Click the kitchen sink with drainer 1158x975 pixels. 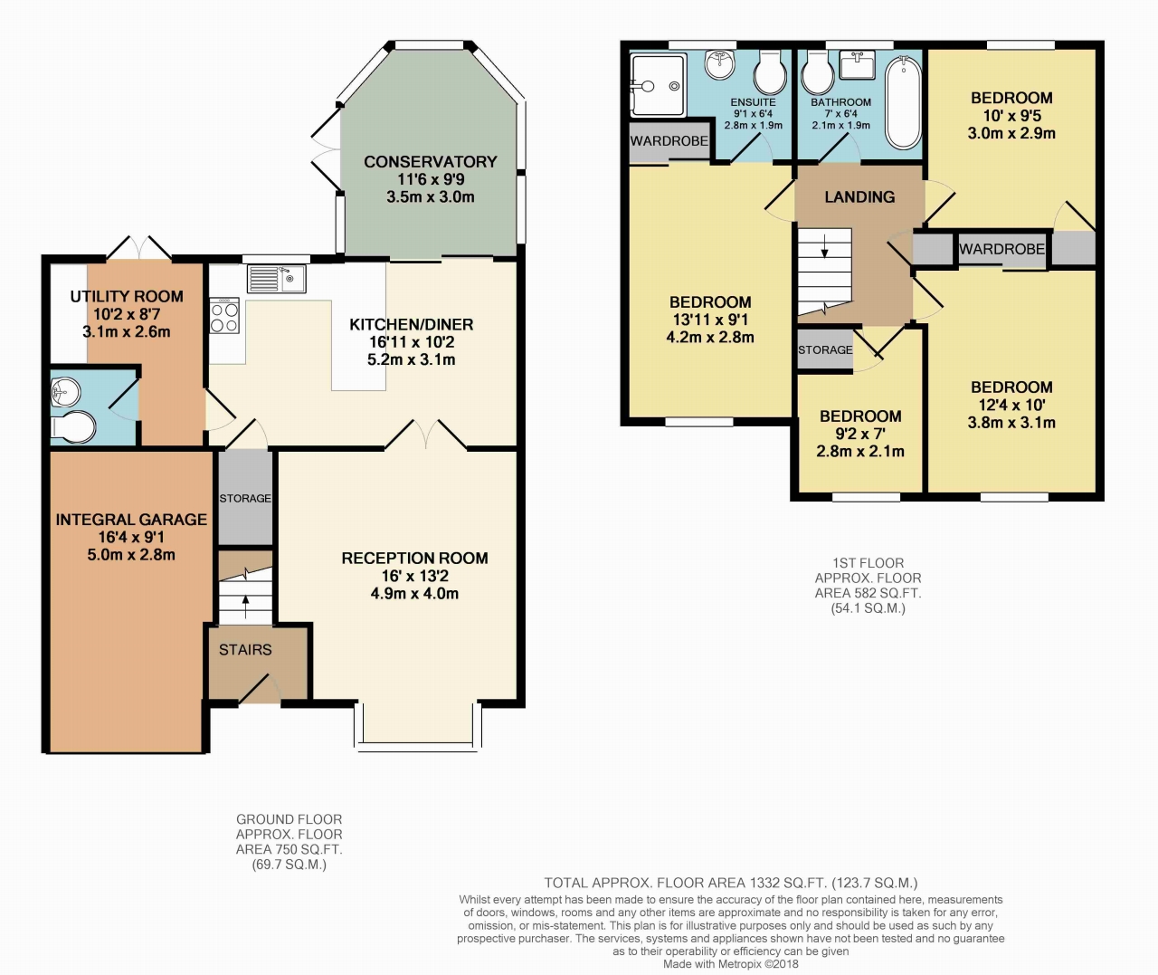pos(276,279)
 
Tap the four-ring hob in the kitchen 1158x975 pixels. pos(224,316)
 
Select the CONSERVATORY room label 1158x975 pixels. pos(431,161)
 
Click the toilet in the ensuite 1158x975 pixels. pos(770,72)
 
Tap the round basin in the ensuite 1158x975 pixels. pos(720,65)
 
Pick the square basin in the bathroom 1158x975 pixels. pos(857,64)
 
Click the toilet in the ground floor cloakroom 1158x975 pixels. pos(73,426)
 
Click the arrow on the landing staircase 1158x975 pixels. pos(825,246)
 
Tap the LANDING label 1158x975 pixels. pos(859,197)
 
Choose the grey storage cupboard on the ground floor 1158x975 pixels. pos(245,498)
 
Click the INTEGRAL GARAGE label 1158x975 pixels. pos(131,520)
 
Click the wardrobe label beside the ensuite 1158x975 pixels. pos(669,141)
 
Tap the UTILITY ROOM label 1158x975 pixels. pos(127,296)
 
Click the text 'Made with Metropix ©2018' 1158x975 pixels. pos(730,964)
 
